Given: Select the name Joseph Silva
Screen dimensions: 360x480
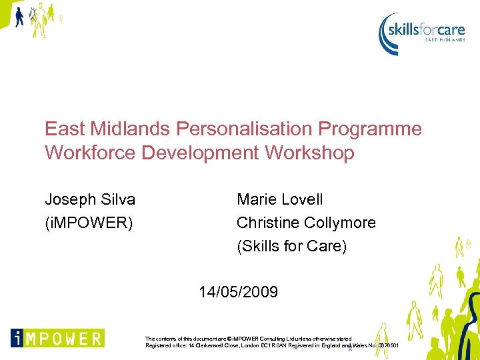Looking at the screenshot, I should tap(90, 199).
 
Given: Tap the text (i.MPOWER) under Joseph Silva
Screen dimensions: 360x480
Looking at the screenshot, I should tap(89, 223).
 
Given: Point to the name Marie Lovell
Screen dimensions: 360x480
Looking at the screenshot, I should tap(280, 199).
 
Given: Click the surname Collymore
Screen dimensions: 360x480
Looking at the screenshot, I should tap(340, 223).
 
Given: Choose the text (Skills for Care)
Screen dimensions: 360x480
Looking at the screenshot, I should tap(292, 246).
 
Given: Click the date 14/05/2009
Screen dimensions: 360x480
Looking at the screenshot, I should tap(239, 292).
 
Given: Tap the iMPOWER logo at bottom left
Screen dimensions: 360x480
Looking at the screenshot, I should tap(57, 337).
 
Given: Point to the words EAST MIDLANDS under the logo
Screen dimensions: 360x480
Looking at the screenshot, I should tap(445, 40).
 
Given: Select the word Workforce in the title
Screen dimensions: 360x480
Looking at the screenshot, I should tap(91, 153).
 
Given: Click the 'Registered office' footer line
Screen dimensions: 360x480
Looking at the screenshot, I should tap(267, 346).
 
